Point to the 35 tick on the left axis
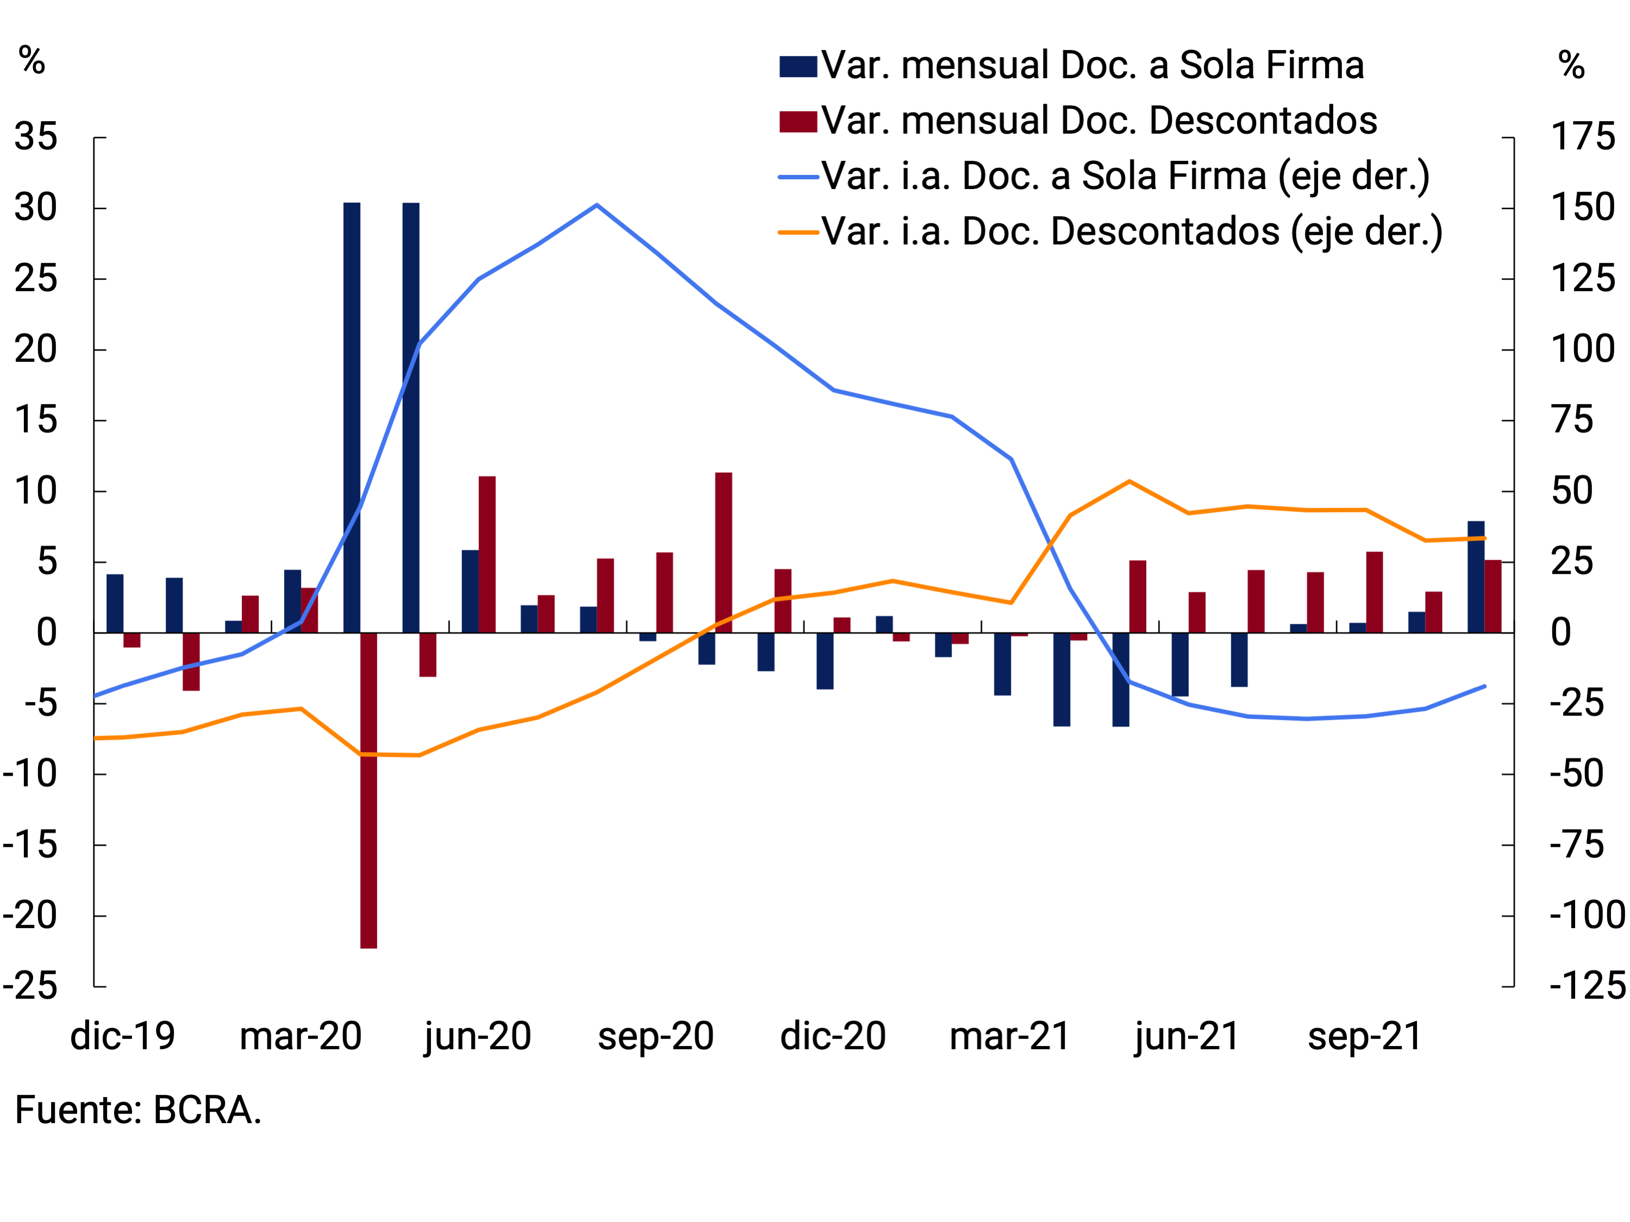point(35,137)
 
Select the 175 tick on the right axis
point(1583,137)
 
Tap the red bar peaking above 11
point(723,553)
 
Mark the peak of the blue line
point(597,205)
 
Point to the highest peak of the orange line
point(1129,482)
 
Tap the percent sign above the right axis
point(1571,66)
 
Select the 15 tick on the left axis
point(35,421)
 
